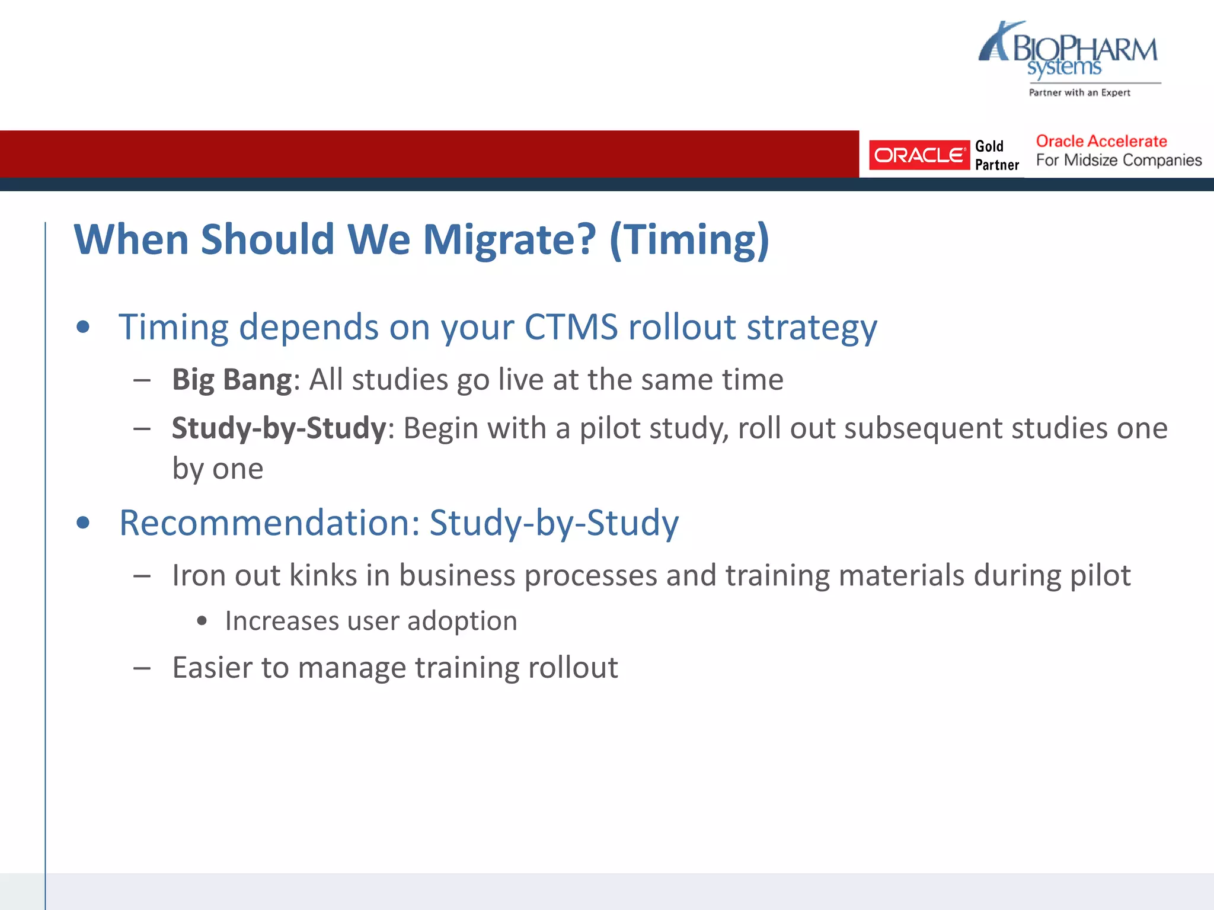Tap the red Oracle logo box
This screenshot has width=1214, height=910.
[x=919, y=155]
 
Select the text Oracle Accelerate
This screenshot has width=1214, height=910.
[x=1101, y=141]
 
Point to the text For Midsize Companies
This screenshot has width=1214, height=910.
[x=1119, y=161]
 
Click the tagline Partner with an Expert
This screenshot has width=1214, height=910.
[x=1079, y=92]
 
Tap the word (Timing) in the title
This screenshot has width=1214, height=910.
[x=689, y=240]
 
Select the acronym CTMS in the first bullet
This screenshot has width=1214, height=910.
[x=570, y=327]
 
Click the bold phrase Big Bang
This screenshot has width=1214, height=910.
[x=232, y=380]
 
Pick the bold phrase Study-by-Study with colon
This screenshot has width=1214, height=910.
[x=282, y=428]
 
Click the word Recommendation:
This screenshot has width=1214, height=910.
[x=270, y=523]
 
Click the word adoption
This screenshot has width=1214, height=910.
[x=462, y=621]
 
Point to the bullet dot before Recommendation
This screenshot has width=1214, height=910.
[x=84, y=523]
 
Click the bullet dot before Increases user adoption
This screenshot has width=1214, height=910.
[x=202, y=621]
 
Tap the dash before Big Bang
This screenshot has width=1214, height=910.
[x=142, y=380]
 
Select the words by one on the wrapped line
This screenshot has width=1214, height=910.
[x=218, y=469]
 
